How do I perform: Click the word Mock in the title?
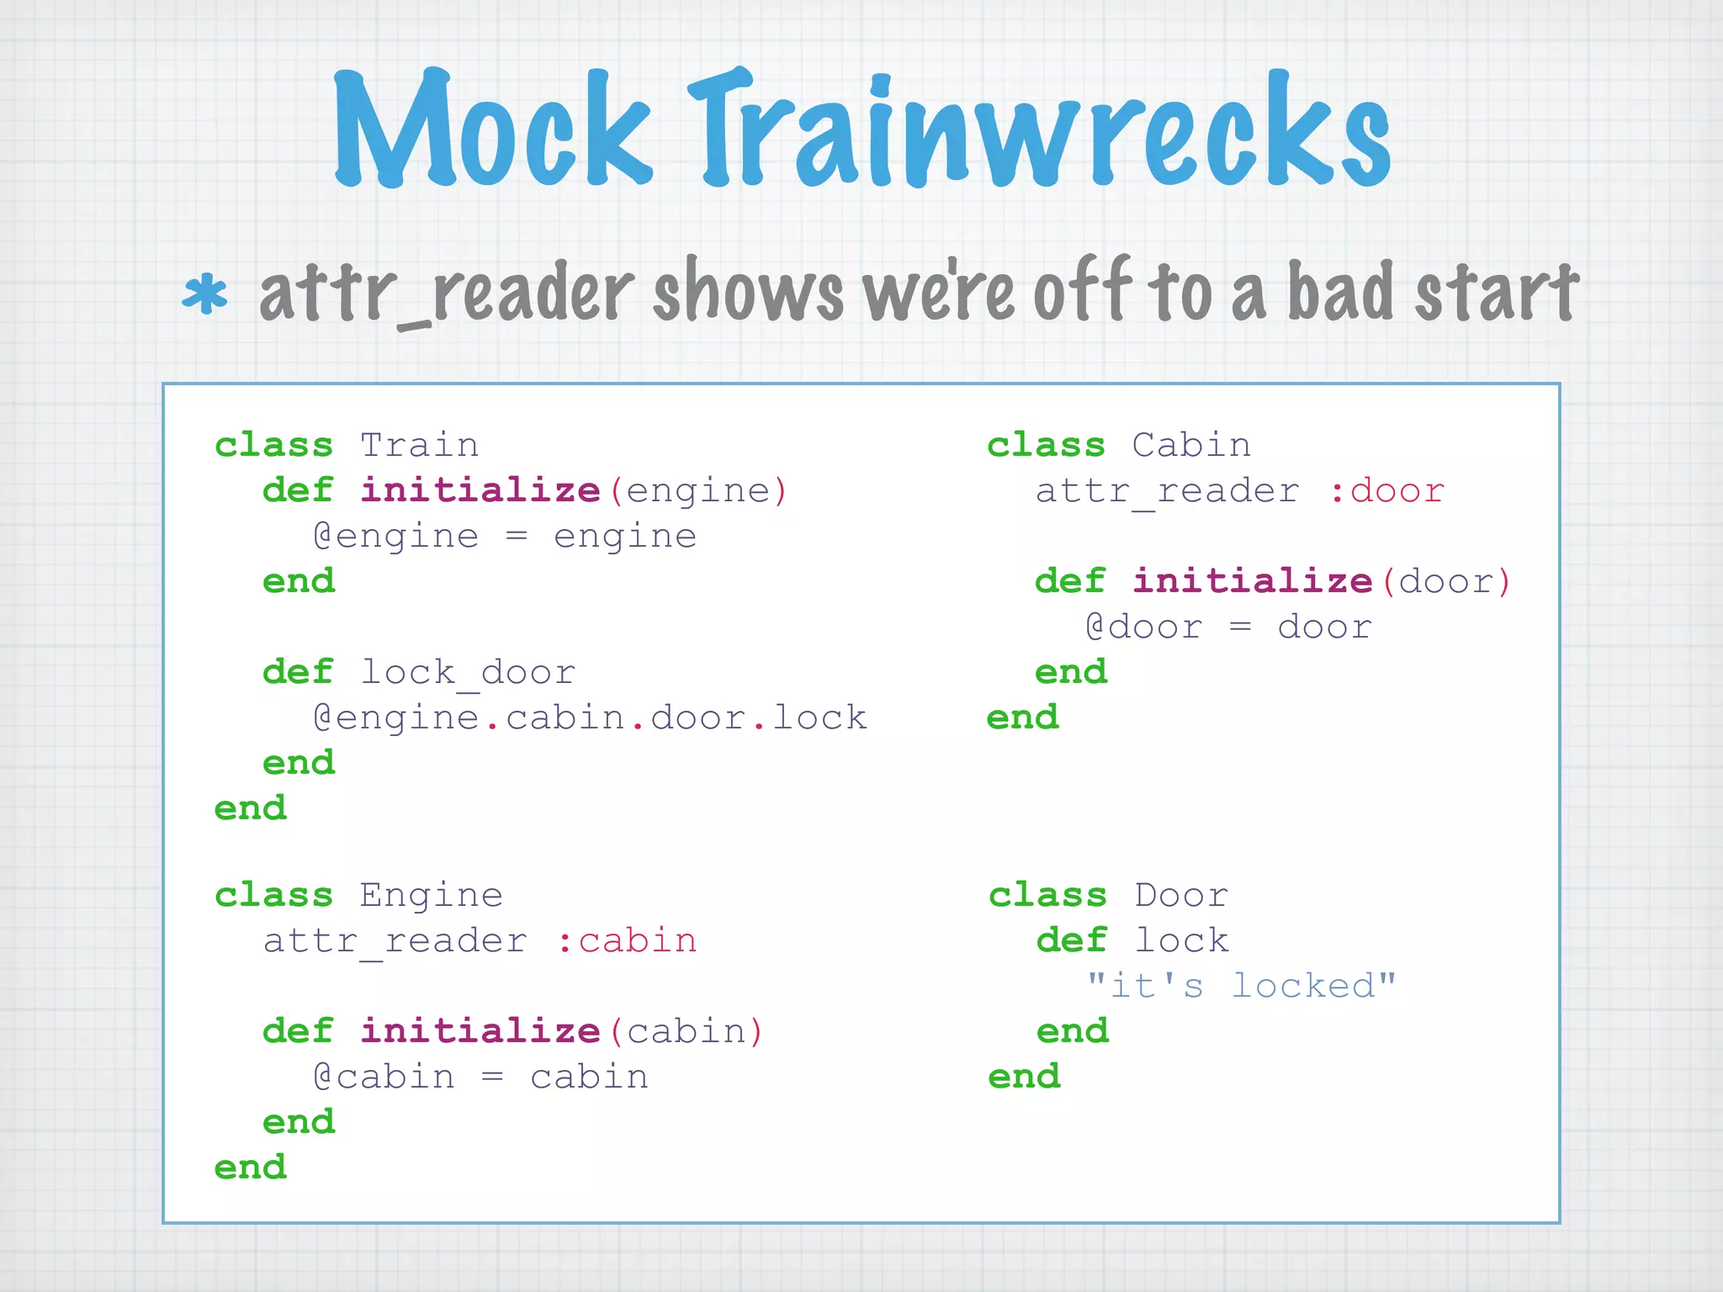pos(492,130)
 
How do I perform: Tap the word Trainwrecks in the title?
pos(1039,130)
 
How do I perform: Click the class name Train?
pos(419,445)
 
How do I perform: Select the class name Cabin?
pos(1190,445)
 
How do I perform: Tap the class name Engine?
pos(431,895)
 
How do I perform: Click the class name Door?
pos(1181,895)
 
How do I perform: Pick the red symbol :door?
pos(1386,490)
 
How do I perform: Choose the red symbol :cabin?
pos(627,940)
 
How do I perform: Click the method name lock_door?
pos(468,672)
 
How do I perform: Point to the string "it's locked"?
pos(1241,986)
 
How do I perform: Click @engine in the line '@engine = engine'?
pos(395,537)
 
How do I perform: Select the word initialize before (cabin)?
pos(480,1031)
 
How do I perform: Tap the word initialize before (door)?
pos(1252,581)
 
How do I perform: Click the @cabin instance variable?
pos(384,1077)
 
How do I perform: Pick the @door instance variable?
pos(1144,627)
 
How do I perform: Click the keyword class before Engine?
pos(273,895)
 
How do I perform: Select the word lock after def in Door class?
pos(1181,940)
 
